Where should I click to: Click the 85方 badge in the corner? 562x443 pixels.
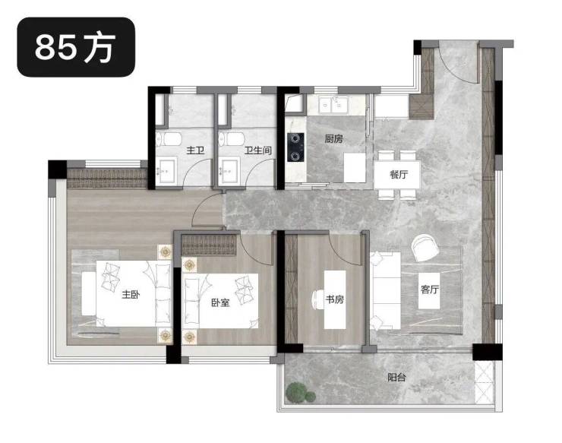(x=76, y=47)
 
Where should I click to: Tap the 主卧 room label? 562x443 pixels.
(x=131, y=295)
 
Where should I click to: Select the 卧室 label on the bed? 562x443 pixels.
(x=220, y=302)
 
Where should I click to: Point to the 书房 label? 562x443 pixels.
(x=334, y=299)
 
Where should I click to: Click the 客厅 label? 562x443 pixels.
(x=430, y=289)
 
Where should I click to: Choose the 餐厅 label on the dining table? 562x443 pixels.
(x=399, y=175)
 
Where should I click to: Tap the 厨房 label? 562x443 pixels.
(x=333, y=138)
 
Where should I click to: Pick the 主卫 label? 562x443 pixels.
(x=195, y=150)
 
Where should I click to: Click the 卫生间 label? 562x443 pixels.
(x=258, y=150)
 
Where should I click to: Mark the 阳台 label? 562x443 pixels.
(x=396, y=378)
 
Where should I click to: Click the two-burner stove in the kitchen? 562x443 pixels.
(x=295, y=147)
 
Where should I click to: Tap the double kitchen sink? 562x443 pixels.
(x=333, y=105)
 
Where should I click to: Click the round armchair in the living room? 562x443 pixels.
(x=425, y=248)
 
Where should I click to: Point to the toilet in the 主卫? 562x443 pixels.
(x=169, y=139)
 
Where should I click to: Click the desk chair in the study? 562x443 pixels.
(x=317, y=299)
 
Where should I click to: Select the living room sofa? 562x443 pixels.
(x=386, y=290)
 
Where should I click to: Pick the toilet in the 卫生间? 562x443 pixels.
(x=232, y=139)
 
